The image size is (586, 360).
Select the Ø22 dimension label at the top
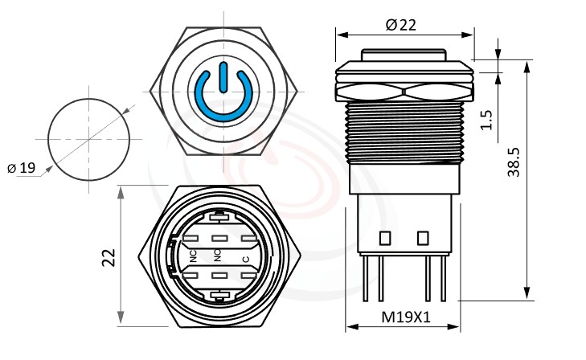coord(401,25)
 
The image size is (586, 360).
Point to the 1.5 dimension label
coord(485,121)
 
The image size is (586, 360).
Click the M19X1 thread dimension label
coord(405,317)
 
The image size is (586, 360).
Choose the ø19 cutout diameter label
coord(22,168)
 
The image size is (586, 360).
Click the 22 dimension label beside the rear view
coord(109,256)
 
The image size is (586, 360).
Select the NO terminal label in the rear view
coord(218,256)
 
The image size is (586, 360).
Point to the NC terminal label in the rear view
coord(193,256)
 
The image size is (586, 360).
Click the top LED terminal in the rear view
coord(219,215)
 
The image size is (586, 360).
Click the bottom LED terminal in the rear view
coord(219,298)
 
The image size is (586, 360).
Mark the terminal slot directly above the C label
coord(245,238)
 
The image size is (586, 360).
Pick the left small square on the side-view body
coord(384,238)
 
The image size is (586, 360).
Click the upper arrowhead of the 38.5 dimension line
coord(527,65)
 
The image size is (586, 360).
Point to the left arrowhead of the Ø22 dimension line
coord(340,35)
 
